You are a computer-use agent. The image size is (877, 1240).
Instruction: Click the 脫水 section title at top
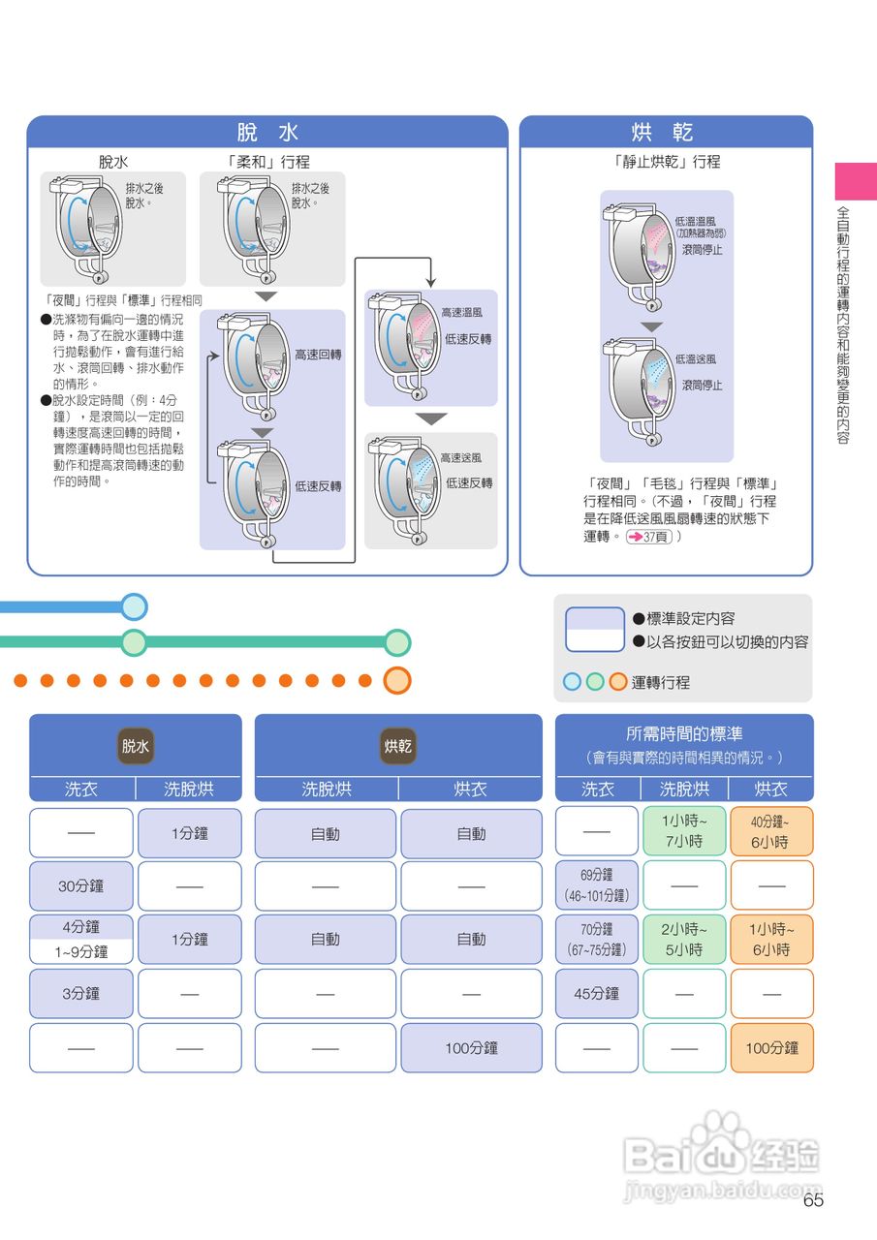click(x=267, y=133)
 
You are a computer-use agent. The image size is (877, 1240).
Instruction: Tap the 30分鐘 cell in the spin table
click(x=81, y=885)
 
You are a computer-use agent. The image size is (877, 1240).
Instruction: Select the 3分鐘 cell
click(x=81, y=993)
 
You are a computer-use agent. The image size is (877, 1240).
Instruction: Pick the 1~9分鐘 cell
click(x=81, y=952)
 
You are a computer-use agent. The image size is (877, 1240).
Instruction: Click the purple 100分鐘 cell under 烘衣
click(x=471, y=1047)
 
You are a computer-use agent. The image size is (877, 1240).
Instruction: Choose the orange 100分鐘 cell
click(x=771, y=1047)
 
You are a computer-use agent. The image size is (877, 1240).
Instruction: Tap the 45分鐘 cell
click(x=597, y=993)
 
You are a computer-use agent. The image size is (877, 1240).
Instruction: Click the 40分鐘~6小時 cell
click(x=771, y=831)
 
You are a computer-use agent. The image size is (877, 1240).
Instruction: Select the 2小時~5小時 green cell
click(x=684, y=939)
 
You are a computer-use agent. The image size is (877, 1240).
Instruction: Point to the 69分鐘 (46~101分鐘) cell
click(x=597, y=885)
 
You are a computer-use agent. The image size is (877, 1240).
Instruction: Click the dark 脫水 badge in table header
click(x=136, y=746)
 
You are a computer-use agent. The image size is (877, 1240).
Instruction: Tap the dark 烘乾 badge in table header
click(x=398, y=746)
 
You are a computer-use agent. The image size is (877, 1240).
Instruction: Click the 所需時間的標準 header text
click(x=684, y=734)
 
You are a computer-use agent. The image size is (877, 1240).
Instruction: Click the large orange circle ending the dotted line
click(x=397, y=680)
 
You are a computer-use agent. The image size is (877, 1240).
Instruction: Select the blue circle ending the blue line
click(x=135, y=607)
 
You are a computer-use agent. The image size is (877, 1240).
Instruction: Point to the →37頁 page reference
click(x=649, y=536)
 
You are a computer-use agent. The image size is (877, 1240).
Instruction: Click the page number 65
click(x=813, y=1200)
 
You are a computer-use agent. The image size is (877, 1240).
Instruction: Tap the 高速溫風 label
click(x=461, y=313)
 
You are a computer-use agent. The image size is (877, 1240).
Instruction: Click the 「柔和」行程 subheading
click(x=268, y=162)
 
